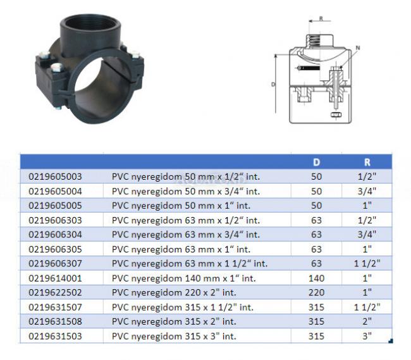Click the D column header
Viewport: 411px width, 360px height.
316,163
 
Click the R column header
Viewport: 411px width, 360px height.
367,163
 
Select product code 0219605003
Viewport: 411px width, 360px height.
55,177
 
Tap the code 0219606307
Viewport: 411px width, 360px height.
55,263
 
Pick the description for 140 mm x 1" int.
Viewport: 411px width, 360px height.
184,278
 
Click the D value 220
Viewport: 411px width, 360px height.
316,292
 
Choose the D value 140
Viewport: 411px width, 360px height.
316,278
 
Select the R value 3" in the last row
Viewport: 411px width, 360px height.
367,336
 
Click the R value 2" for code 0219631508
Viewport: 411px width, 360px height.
367,321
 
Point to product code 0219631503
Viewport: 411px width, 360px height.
55,336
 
